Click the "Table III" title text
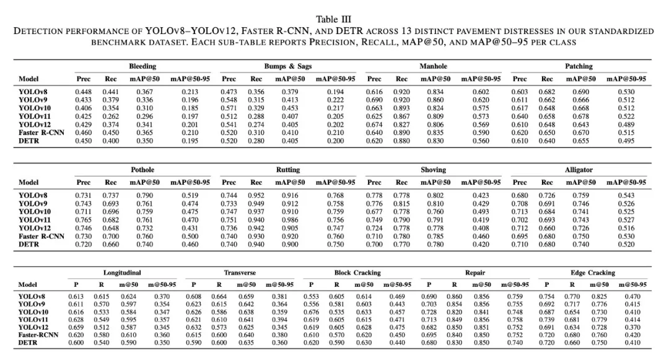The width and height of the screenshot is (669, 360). (x=334, y=19)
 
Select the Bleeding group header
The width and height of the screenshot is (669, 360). (x=142, y=66)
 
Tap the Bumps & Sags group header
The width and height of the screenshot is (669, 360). (x=288, y=66)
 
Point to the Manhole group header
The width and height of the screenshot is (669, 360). (x=433, y=66)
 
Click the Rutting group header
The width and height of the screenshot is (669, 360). (x=288, y=170)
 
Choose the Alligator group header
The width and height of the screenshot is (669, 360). (x=579, y=170)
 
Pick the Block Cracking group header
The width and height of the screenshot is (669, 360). (x=357, y=273)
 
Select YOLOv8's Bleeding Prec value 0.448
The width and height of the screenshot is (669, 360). (x=84, y=92)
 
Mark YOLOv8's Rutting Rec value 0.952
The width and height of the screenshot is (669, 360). (x=256, y=195)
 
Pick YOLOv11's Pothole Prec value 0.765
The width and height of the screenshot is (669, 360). (x=84, y=219)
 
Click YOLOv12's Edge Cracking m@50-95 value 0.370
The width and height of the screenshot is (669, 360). (x=632, y=327)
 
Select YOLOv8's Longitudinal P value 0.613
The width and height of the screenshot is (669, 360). (x=76, y=297)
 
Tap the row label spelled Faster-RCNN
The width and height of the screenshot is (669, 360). (x=38, y=335)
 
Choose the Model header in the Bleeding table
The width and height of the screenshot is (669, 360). (x=28, y=79)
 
